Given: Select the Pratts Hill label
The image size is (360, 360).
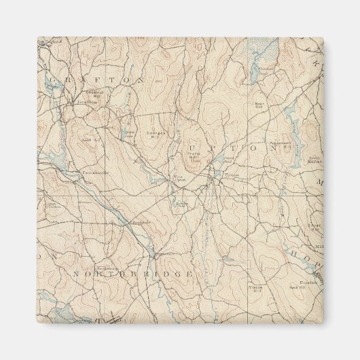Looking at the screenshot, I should point(194,157).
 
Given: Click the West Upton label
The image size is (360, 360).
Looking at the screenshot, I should point(179,179).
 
